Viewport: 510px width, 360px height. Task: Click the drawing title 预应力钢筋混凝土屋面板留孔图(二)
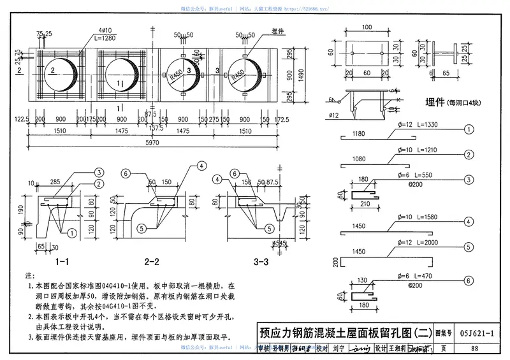(x=345, y=332)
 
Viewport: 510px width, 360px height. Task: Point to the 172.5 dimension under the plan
(x=282, y=119)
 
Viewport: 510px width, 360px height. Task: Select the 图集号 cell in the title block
(x=444, y=332)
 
